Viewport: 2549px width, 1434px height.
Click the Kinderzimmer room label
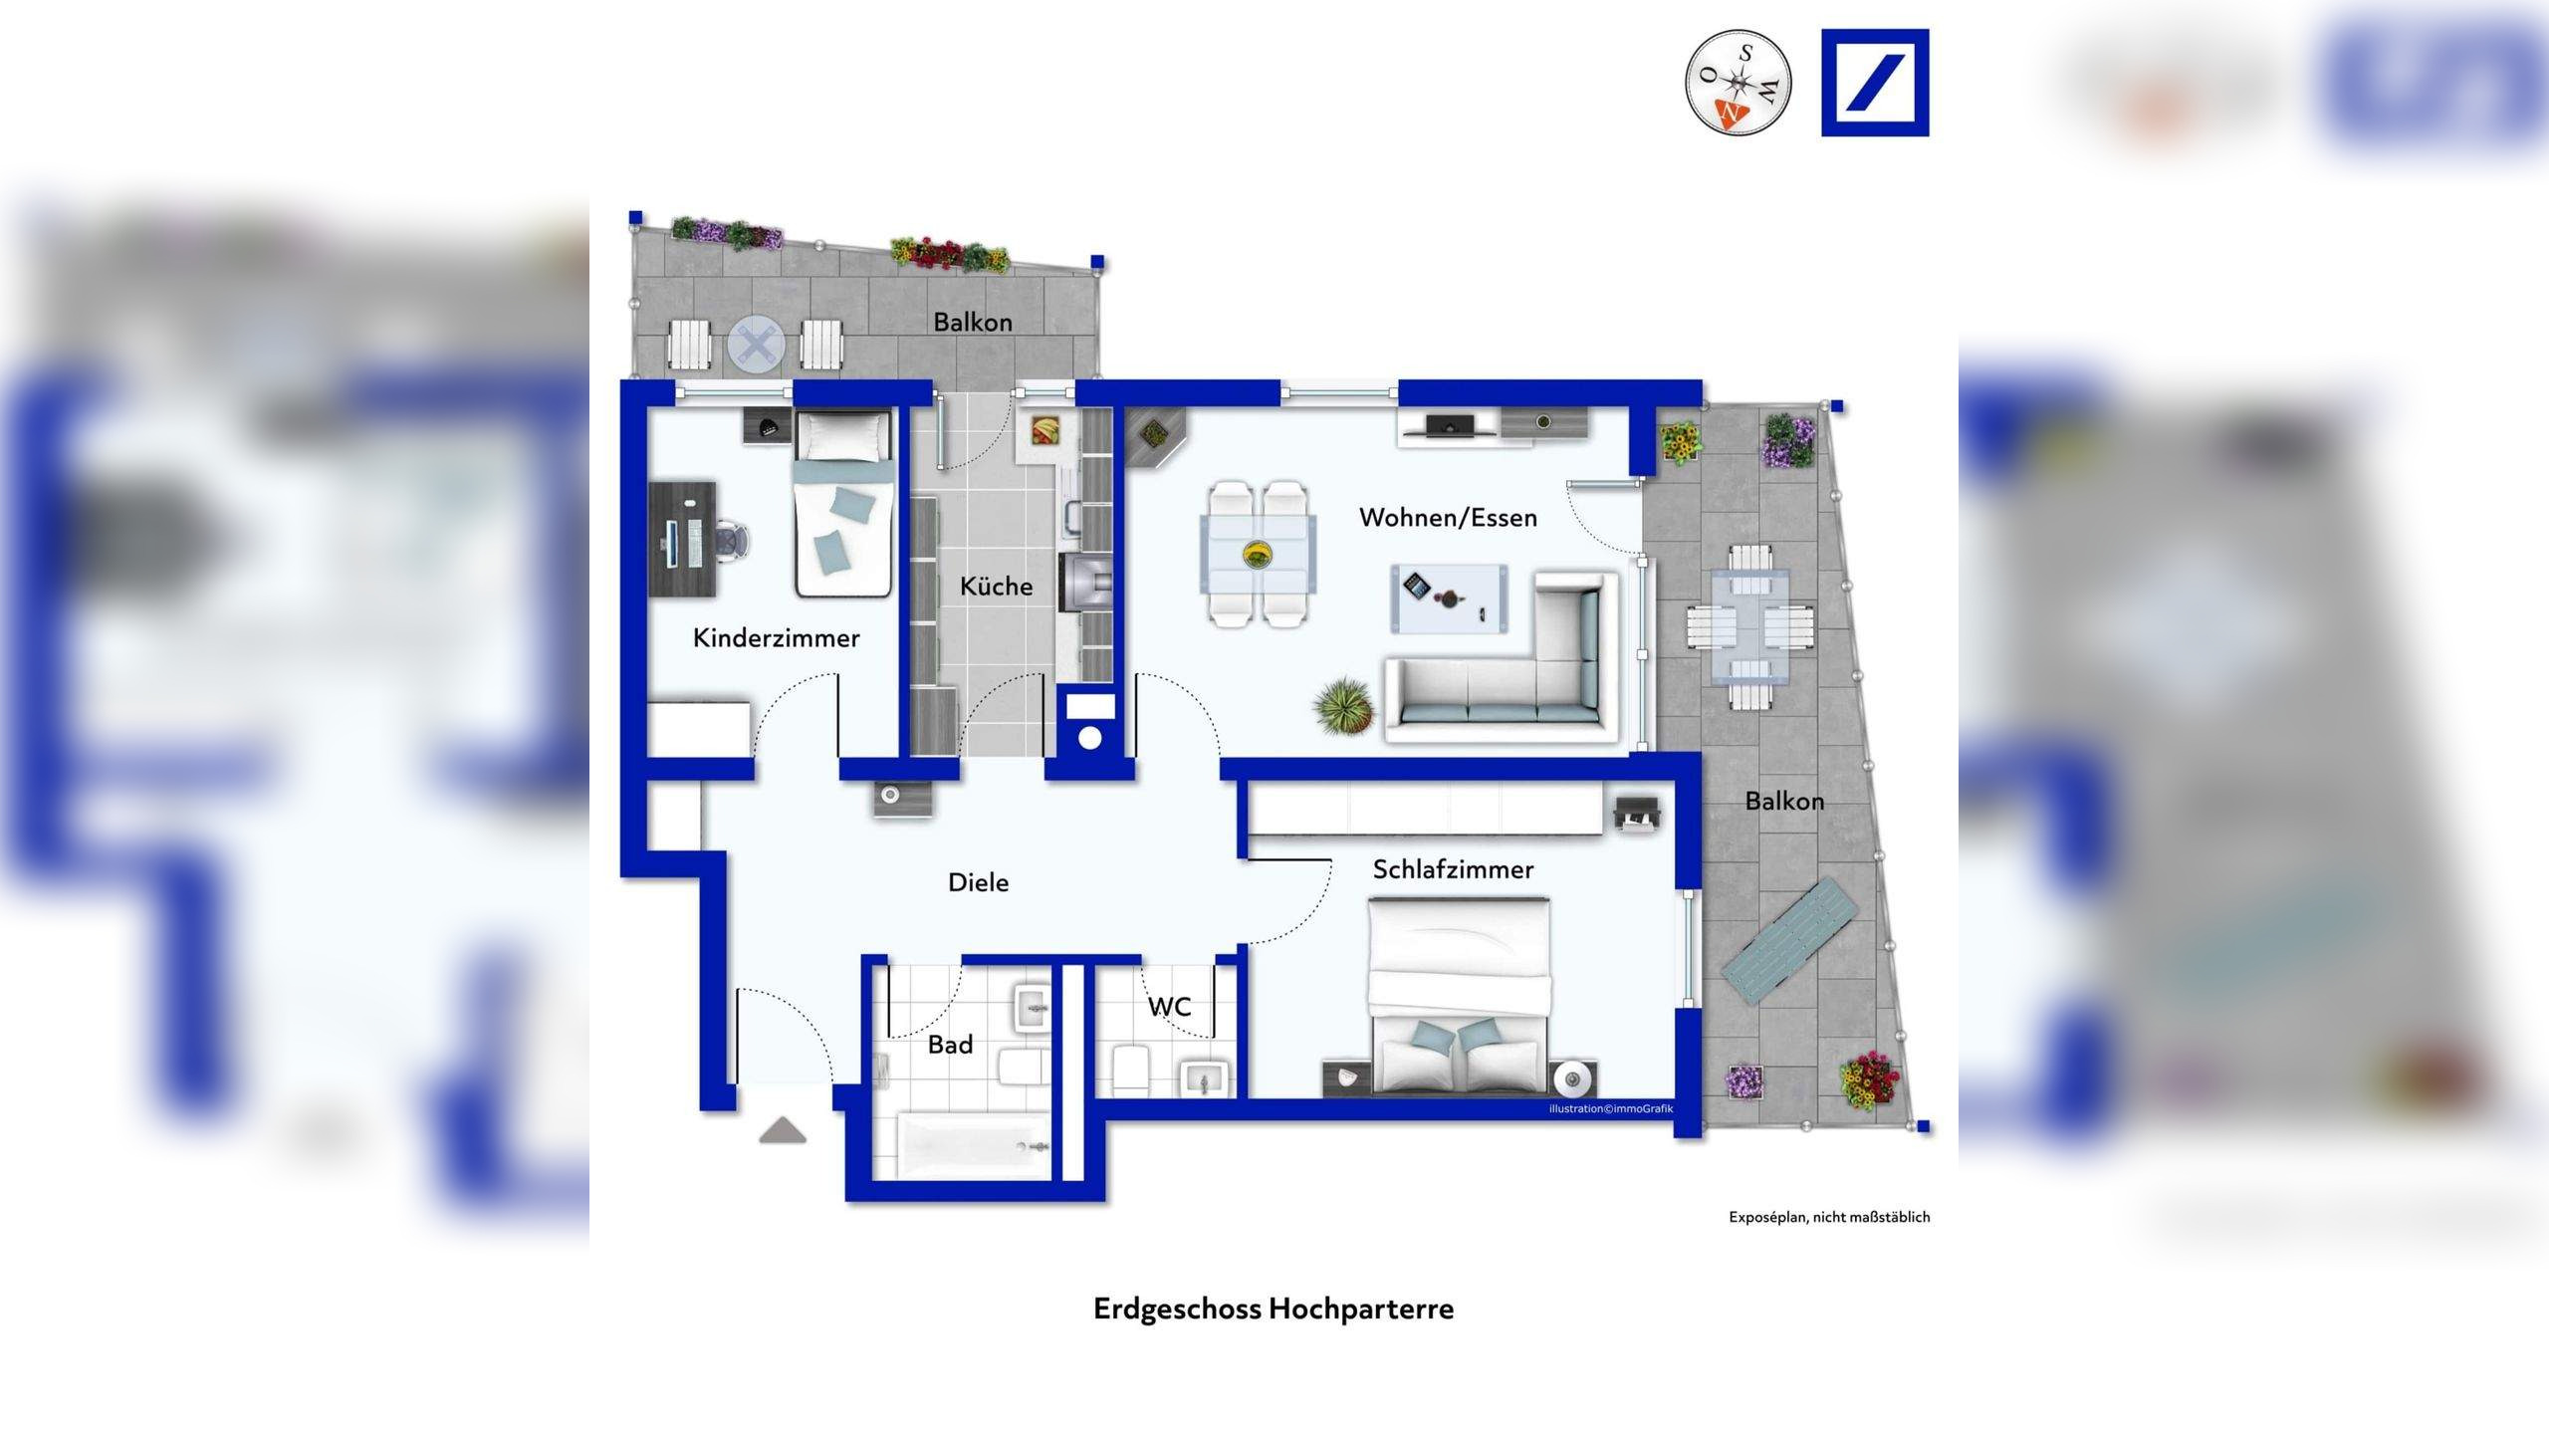point(776,638)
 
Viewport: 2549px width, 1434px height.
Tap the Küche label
point(996,587)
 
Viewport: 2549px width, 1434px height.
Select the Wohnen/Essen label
point(1448,518)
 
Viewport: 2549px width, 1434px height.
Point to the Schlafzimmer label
point(1453,869)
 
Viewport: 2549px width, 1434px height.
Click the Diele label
point(978,882)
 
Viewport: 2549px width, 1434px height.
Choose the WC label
point(1169,1007)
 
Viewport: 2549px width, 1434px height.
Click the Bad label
point(950,1045)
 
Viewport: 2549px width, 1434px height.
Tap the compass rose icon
point(1738,82)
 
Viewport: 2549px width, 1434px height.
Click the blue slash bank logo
point(1875,83)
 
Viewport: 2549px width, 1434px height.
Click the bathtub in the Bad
point(974,1146)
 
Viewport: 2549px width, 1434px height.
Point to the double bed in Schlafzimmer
point(1460,996)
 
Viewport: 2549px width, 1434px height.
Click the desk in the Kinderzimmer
point(683,539)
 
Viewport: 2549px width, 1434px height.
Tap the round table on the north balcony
point(756,346)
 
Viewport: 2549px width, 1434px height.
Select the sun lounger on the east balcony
point(1791,940)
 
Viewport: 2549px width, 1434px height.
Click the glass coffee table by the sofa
point(1449,597)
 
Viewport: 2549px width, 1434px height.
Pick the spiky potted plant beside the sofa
point(1344,705)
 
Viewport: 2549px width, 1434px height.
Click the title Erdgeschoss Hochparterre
point(1273,1309)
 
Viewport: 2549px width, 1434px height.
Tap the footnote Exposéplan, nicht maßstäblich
point(1828,1217)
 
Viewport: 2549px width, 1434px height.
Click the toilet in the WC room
point(1130,1069)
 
